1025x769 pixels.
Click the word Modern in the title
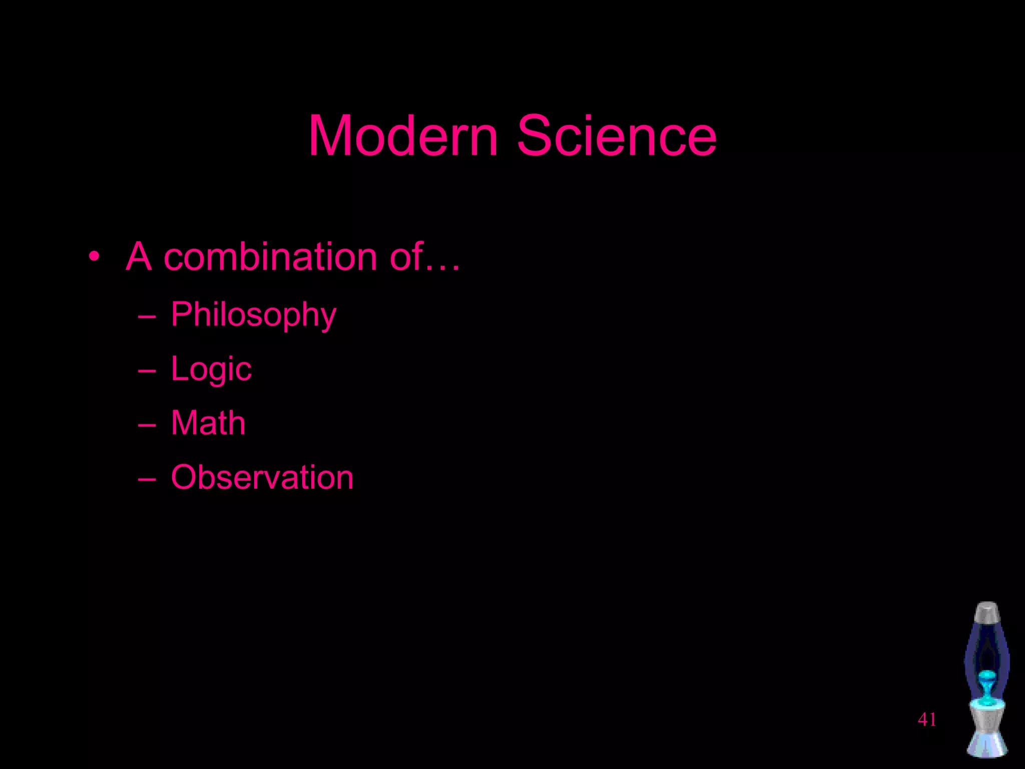tap(403, 136)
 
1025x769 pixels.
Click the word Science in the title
tap(617, 136)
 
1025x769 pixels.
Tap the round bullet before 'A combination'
tap(94, 257)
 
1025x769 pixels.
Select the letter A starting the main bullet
tap(139, 256)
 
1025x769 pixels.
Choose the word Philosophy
tap(253, 315)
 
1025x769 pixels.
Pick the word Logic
tap(211, 369)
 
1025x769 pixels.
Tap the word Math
tap(208, 423)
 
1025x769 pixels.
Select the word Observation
tap(262, 477)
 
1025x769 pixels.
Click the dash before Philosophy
tap(147, 317)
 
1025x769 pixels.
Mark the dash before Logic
tap(147, 371)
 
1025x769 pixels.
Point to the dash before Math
tap(147, 425)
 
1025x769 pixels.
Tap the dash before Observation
tap(147, 479)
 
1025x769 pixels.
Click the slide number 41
tap(927, 719)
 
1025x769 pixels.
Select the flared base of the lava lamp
tap(987, 743)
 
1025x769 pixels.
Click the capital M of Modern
tap(330, 136)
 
